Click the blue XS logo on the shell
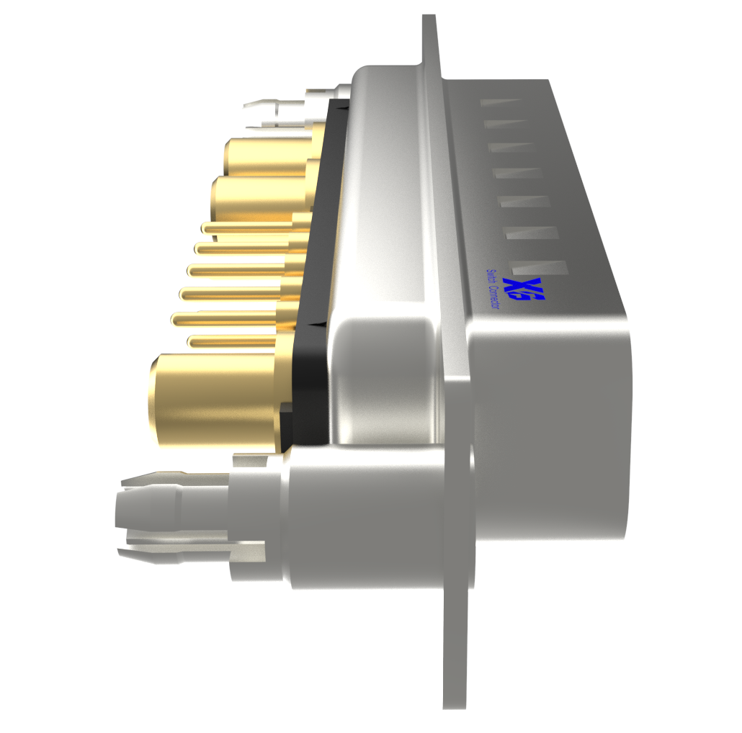[524, 290]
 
